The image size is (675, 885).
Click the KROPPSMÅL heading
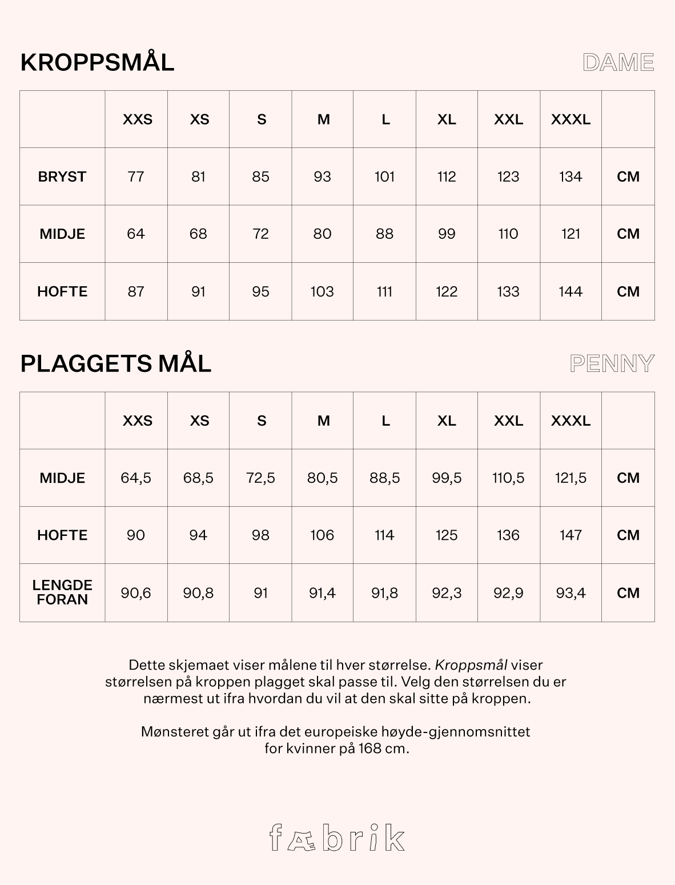(x=97, y=62)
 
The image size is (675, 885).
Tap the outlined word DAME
(x=618, y=62)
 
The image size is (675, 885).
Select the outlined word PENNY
(x=612, y=363)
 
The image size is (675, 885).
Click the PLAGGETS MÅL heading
(x=115, y=363)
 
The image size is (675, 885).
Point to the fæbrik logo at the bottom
(x=337, y=838)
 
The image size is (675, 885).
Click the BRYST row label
(x=62, y=177)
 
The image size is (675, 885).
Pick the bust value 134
(x=570, y=177)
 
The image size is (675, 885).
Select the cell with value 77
(x=136, y=177)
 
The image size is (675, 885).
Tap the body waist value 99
(x=447, y=234)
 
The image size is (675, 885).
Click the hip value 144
(x=570, y=291)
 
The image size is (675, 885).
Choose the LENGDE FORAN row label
(x=62, y=592)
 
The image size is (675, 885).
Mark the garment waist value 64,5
(x=136, y=478)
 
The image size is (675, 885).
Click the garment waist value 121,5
(x=570, y=478)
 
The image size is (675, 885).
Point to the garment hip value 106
(x=322, y=535)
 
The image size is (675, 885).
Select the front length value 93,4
(x=570, y=593)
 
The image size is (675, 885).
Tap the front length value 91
(x=260, y=593)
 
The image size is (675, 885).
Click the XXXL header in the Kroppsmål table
(x=570, y=119)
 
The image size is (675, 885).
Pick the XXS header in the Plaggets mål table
(x=138, y=421)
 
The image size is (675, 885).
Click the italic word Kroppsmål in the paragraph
(x=471, y=665)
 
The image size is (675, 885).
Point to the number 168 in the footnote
(x=371, y=748)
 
